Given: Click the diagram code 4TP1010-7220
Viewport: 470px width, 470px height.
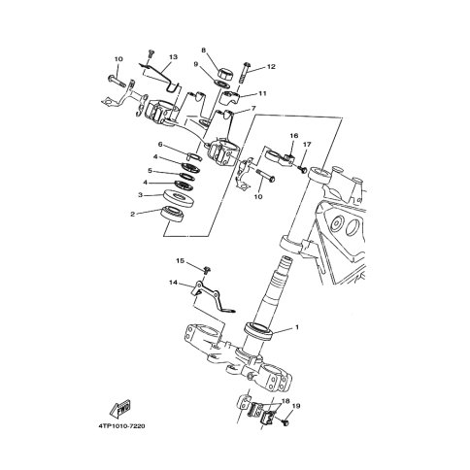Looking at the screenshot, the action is [x=121, y=426].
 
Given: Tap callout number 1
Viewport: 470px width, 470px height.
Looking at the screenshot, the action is [x=297, y=327].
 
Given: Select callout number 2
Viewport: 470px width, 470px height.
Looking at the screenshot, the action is [x=133, y=214].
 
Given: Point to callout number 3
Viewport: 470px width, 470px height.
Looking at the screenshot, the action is [x=140, y=195].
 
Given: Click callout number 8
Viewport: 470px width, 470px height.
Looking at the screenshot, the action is [x=203, y=50].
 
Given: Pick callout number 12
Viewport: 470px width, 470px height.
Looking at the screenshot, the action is [x=271, y=67].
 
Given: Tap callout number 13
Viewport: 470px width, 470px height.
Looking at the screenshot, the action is [x=173, y=57].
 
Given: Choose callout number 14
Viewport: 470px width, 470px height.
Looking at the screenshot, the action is [x=173, y=283].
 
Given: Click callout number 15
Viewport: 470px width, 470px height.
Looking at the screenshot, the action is [x=180, y=260].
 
